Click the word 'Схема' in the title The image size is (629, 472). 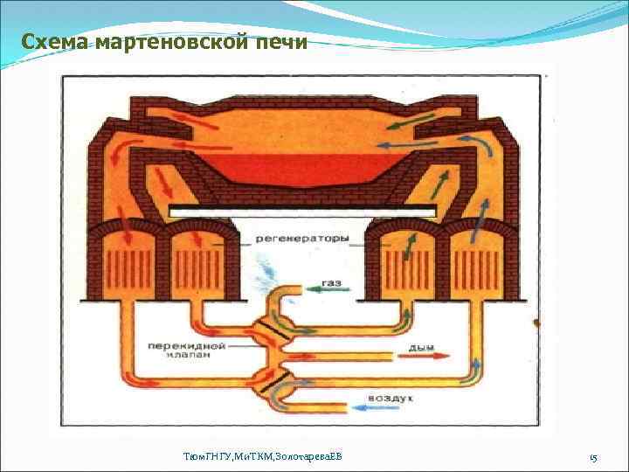click(52, 42)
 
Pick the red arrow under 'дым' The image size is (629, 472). click(427, 357)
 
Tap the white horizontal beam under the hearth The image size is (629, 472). click(302, 211)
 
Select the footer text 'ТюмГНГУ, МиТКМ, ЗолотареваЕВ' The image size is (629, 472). click(263, 457)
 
